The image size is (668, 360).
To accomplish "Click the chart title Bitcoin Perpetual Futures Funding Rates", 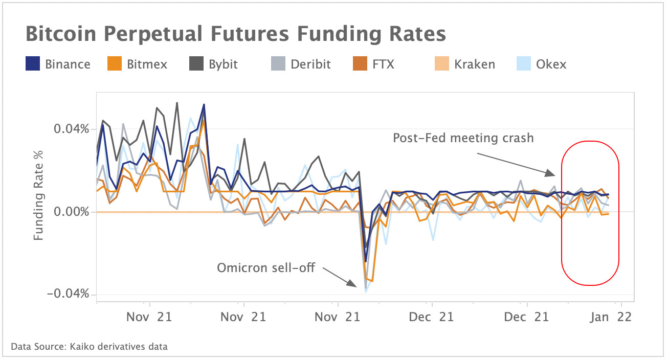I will click(x=235, y=34).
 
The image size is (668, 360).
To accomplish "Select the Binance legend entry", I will click(x=58, y=64).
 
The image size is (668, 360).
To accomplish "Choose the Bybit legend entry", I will click(x=213, y=64).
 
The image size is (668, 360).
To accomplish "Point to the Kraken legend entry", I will click(x=462, y=64).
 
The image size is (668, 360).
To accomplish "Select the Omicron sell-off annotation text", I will click(x=265, y=267).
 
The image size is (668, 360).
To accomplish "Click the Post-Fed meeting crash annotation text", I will click(x=463, y=138).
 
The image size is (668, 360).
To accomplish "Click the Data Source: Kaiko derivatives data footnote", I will click(x=90, y=347).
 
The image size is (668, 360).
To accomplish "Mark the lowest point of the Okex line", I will click(x=366, y=292).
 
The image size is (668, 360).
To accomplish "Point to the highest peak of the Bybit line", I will click(x=177, y=103).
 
